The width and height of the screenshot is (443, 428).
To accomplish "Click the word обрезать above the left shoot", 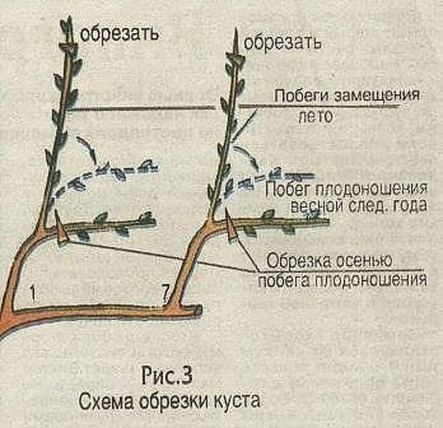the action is [119, 34].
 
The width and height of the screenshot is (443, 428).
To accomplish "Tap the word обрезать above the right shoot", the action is [282, 43].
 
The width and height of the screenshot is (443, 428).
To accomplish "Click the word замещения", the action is [377, 94].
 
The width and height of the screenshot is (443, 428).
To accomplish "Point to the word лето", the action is [315, 117].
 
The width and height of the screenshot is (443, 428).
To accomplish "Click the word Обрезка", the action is [300, 261].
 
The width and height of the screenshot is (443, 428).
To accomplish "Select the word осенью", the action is [365, 261].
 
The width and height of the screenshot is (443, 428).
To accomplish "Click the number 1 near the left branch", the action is [33, 293].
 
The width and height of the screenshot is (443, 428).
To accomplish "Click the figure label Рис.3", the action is [167, 376].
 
